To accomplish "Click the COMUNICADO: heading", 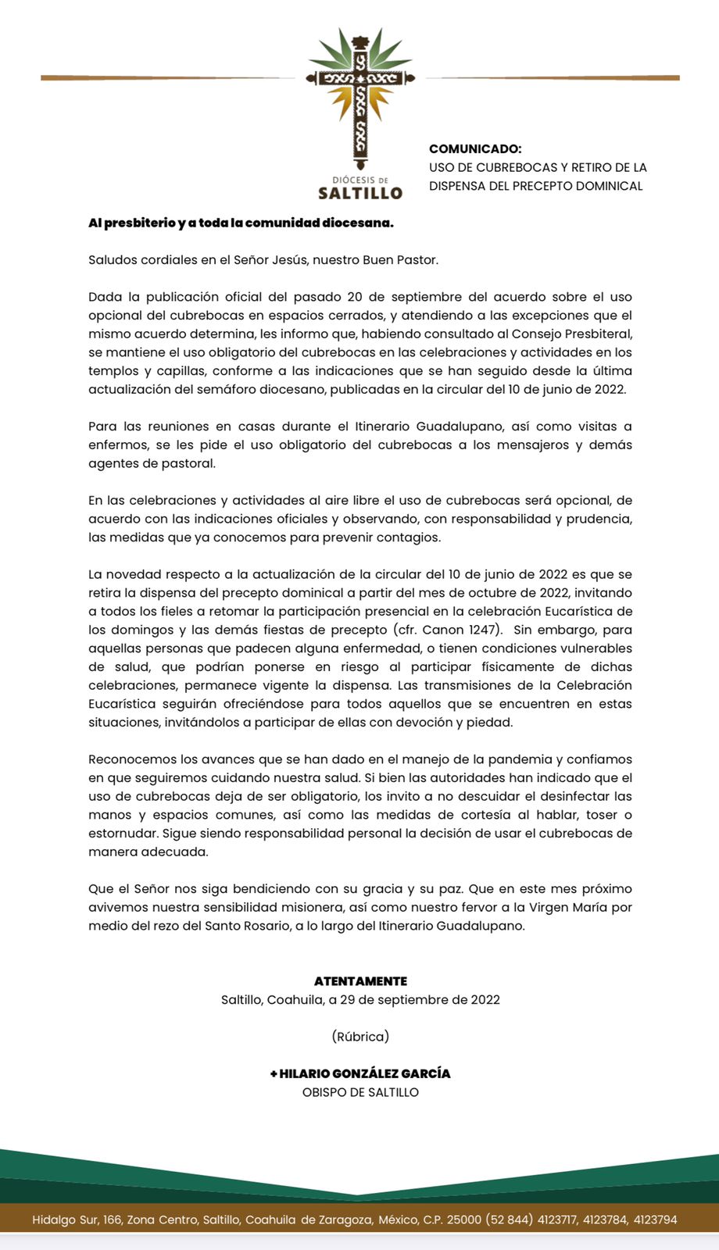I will [x=475, y=148].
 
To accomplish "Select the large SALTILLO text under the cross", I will [x=360, y=192].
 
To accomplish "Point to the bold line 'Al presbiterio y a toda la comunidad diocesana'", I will [x=241, y=223].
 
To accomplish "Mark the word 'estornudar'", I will [x=122, y=834].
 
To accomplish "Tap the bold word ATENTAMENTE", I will [x=360, y=981].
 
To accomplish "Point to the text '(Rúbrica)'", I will [x=360, y=1037].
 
